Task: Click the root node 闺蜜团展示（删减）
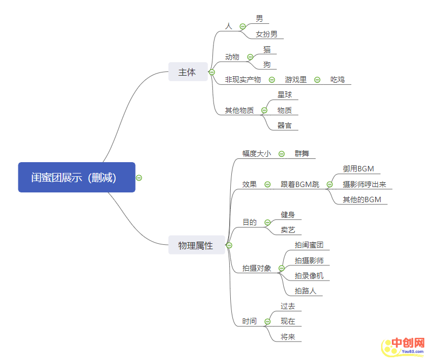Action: tap(76, 177)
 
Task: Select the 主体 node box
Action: tap(187, 72)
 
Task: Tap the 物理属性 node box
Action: tap(196, 245)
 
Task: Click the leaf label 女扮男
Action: tap(266, 34)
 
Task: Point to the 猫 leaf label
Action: tap(267, 49)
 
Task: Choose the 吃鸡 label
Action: tap(337, 79)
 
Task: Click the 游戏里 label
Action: tap(296, 79)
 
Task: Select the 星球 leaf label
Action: tap(284, 95)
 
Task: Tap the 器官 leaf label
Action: tap(284, 125)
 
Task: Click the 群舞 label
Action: tap(302, 154)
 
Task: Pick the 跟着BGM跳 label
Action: tap(300, 184)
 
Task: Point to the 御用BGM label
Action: tap(358, 169)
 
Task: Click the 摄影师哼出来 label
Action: tap(364, 184)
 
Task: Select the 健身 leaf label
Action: tap(288, 215)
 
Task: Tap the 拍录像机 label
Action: tap(309, 276)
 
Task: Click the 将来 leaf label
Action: tap(288, 337)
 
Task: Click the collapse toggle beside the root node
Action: tap(139, 177)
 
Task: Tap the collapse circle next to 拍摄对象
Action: tap(281, 268)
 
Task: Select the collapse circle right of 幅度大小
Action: tap(281, 154)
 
